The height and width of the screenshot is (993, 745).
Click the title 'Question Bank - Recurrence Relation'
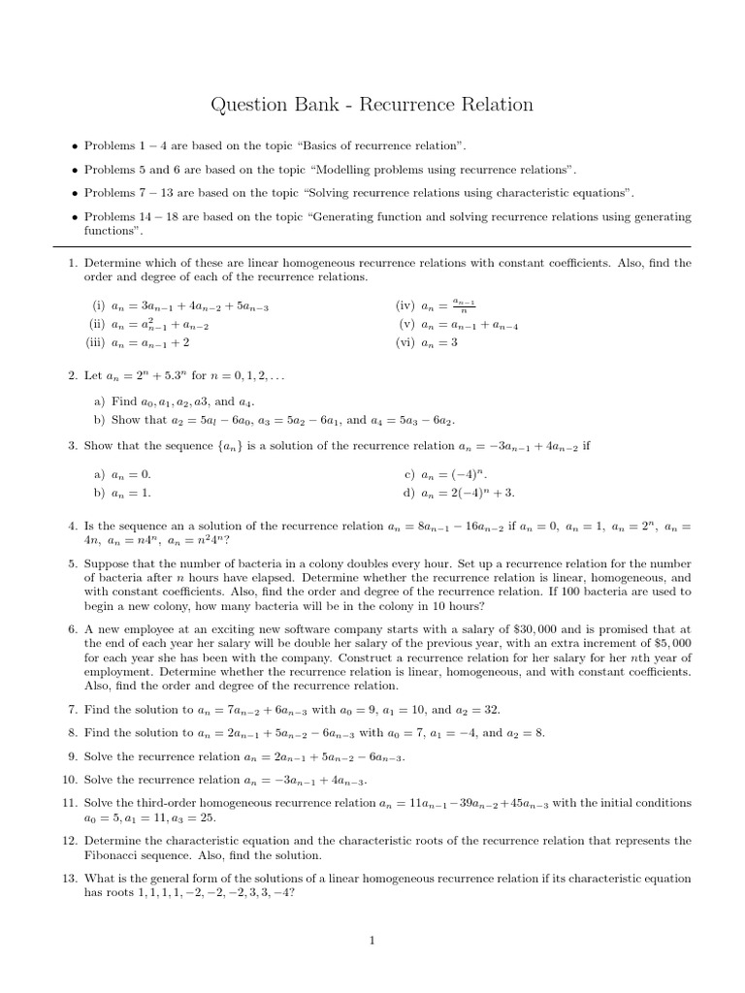click(x=372, y=104)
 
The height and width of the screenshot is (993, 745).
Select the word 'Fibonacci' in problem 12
click(x=112, y=856)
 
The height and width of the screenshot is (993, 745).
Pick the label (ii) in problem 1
click(x=97, y=326)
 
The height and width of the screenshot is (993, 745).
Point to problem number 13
click(x=69, y=879)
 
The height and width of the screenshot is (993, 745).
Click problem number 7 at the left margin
click(x=72, y=710)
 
